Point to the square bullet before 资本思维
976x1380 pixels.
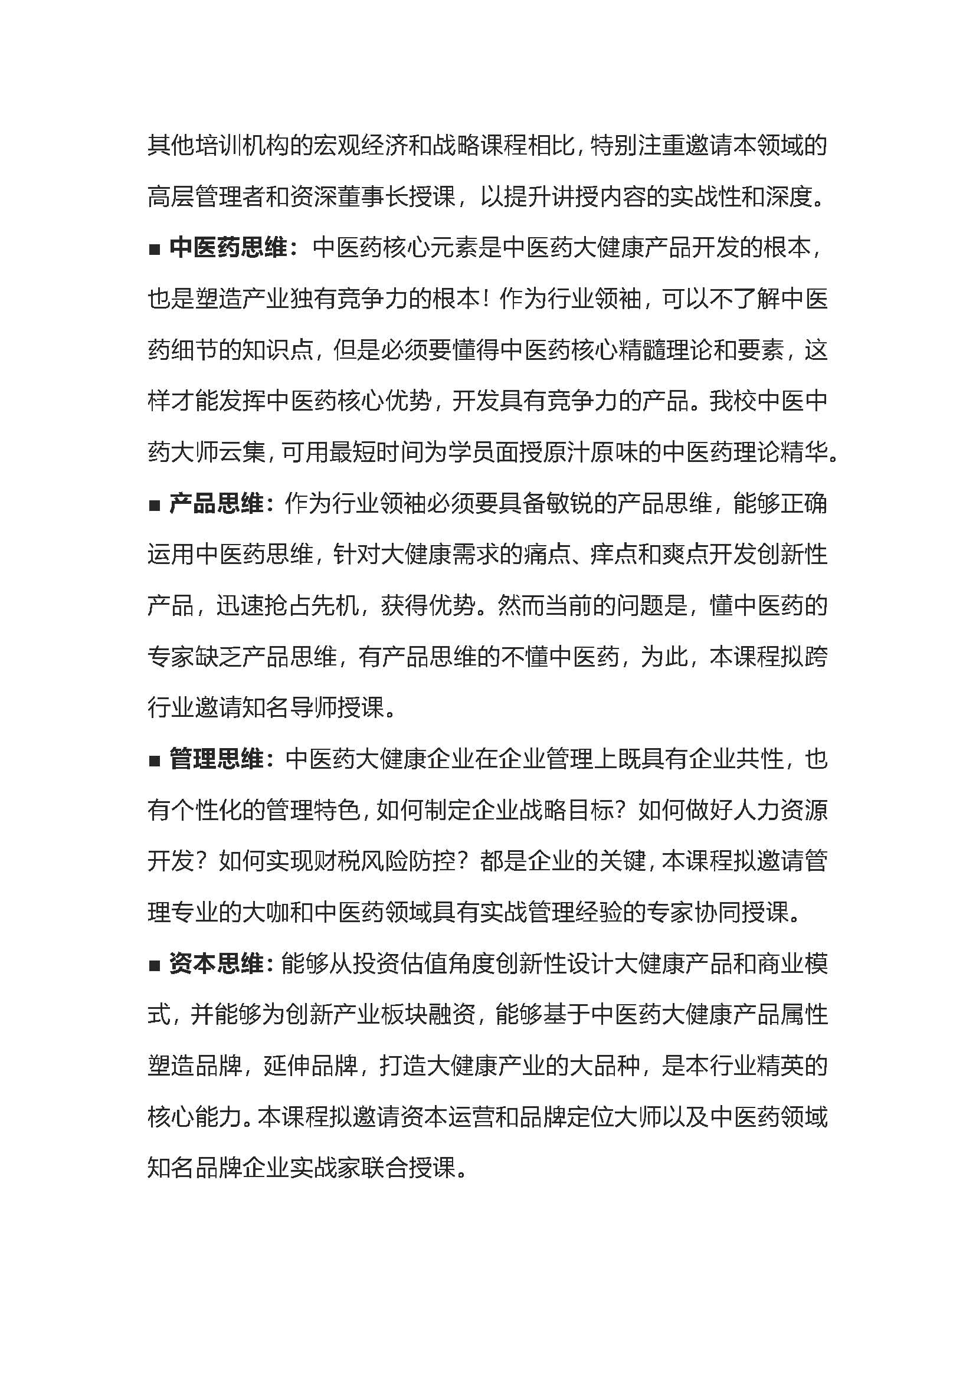point(155,965)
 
